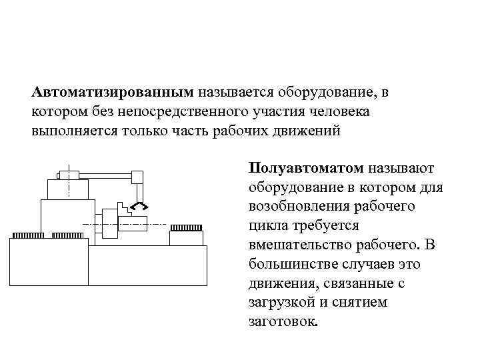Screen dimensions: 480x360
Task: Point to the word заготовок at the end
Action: pos(283,322)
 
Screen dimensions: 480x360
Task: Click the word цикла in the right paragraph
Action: pos(265,225)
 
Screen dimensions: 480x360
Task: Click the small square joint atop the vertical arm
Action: pos(137,177)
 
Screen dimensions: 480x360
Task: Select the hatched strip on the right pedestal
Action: pos(186,228)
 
